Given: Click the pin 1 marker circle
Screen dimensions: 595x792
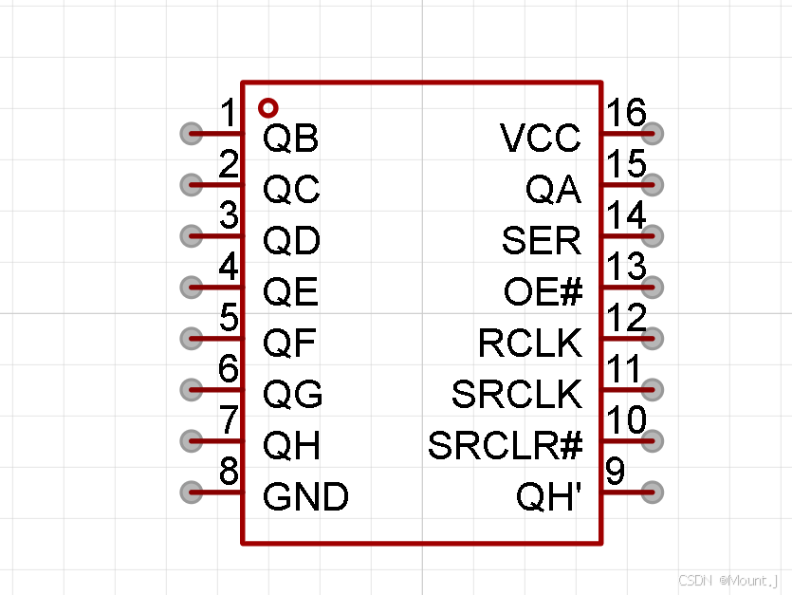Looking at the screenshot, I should (x=268, y=107).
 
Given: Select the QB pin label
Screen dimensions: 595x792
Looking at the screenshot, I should (x=290, y=139).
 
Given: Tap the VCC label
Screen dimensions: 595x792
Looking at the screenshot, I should (x=541, y=139).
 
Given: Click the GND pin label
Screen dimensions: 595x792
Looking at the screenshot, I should (x=305, y=496).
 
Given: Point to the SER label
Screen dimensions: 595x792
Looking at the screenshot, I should (x=541, y=242).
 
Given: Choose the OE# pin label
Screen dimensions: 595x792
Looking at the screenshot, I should (x=543, y=293).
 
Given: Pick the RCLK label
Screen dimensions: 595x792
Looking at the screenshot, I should (x=530, y=344).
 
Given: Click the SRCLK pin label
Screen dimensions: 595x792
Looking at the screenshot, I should (x=517, y=395).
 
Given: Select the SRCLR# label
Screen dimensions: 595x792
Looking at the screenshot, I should (x=505, y=445).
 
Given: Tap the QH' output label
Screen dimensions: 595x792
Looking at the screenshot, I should (x=548, y=496).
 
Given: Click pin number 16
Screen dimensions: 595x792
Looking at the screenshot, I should (x=627, y=114).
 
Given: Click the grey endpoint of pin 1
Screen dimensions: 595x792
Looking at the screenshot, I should (x=191, y=133).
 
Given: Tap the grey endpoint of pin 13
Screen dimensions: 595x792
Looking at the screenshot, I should (x=653, y=287).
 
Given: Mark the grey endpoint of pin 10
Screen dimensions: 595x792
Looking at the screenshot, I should (x=653, y=440).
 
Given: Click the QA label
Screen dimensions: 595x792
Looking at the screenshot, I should (x=553, y=191).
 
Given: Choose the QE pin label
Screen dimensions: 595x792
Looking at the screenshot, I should (x=290, y=293).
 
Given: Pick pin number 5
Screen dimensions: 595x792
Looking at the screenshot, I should (x=229, y=318).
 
